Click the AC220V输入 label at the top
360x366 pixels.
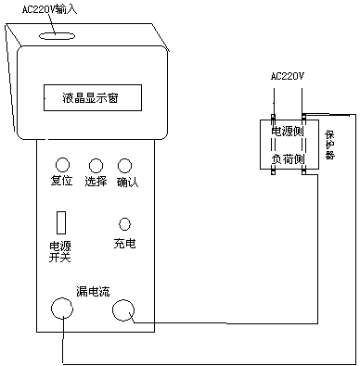click(x=49, y=9)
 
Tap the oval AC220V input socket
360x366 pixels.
click(x=58, y=36)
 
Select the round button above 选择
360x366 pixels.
click(x=96, y=166)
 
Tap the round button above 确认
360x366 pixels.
click(x=124, y=166)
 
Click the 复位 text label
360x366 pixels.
click(x=61, y=181)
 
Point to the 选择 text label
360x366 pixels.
click(x=96, y=181)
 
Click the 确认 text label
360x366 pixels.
click(x=127, y=182)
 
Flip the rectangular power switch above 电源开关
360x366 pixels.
click(x=61, y=222)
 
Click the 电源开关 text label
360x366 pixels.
click(x=60, y=252)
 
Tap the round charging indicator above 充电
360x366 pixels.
click(x=124, y=224)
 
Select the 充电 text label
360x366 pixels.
click(x=124, y=244)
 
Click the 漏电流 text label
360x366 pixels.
click(x=93, y=291)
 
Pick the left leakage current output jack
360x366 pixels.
click(x=62, y=309)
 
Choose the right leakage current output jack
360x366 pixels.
click(x=123, y=309)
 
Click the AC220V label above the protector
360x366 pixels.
click(x=288, y=76)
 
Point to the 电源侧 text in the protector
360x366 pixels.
click(x=288, y=131)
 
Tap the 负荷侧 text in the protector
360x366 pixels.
click(x=288, y=159)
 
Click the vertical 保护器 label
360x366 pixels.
click(x=329, y=145)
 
